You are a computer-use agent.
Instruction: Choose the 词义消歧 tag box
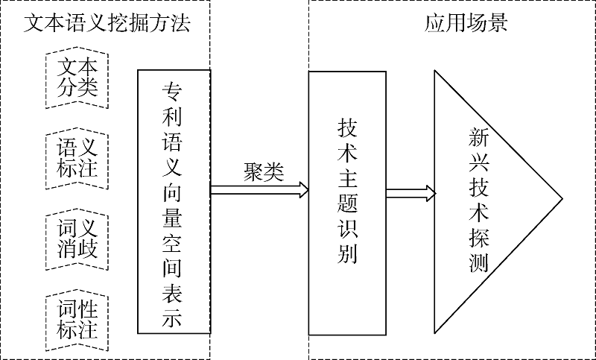78,239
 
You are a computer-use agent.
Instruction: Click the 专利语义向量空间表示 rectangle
173,201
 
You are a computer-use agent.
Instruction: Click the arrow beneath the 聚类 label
259,189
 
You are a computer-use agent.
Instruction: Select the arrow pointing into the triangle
410,194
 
